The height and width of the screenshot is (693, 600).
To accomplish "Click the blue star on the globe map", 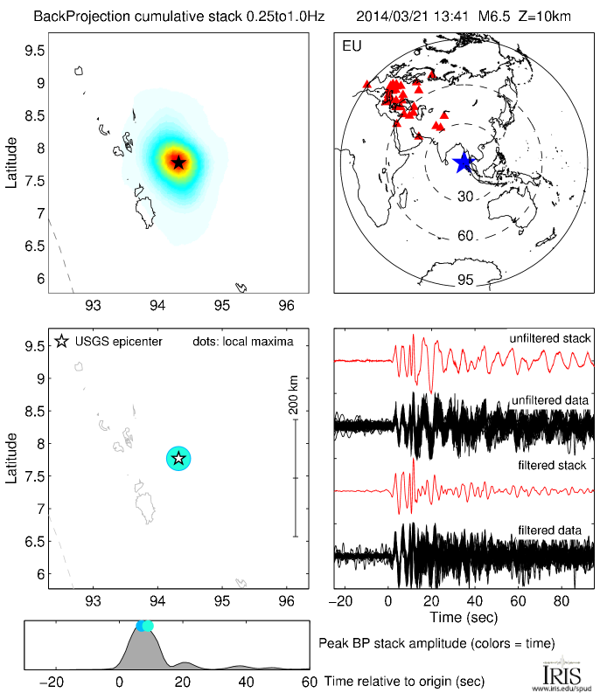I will coord(463,162).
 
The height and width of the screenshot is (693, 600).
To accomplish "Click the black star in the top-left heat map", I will coord(178,162).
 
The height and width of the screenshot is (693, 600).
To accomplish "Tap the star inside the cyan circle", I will coord(178,458).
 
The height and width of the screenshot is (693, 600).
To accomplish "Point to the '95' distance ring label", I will coord(465,280).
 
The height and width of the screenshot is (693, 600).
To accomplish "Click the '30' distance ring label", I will coord(465,197).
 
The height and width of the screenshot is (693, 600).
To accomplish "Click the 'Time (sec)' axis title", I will coord(464,618).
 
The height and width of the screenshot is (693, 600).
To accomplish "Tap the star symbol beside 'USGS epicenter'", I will coord(61,341).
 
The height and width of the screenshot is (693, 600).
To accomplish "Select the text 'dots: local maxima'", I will coord(243,341).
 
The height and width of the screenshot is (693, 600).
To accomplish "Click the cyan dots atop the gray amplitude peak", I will coord(144,625).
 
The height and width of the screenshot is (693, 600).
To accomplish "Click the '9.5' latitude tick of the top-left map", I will coord(34,50).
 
